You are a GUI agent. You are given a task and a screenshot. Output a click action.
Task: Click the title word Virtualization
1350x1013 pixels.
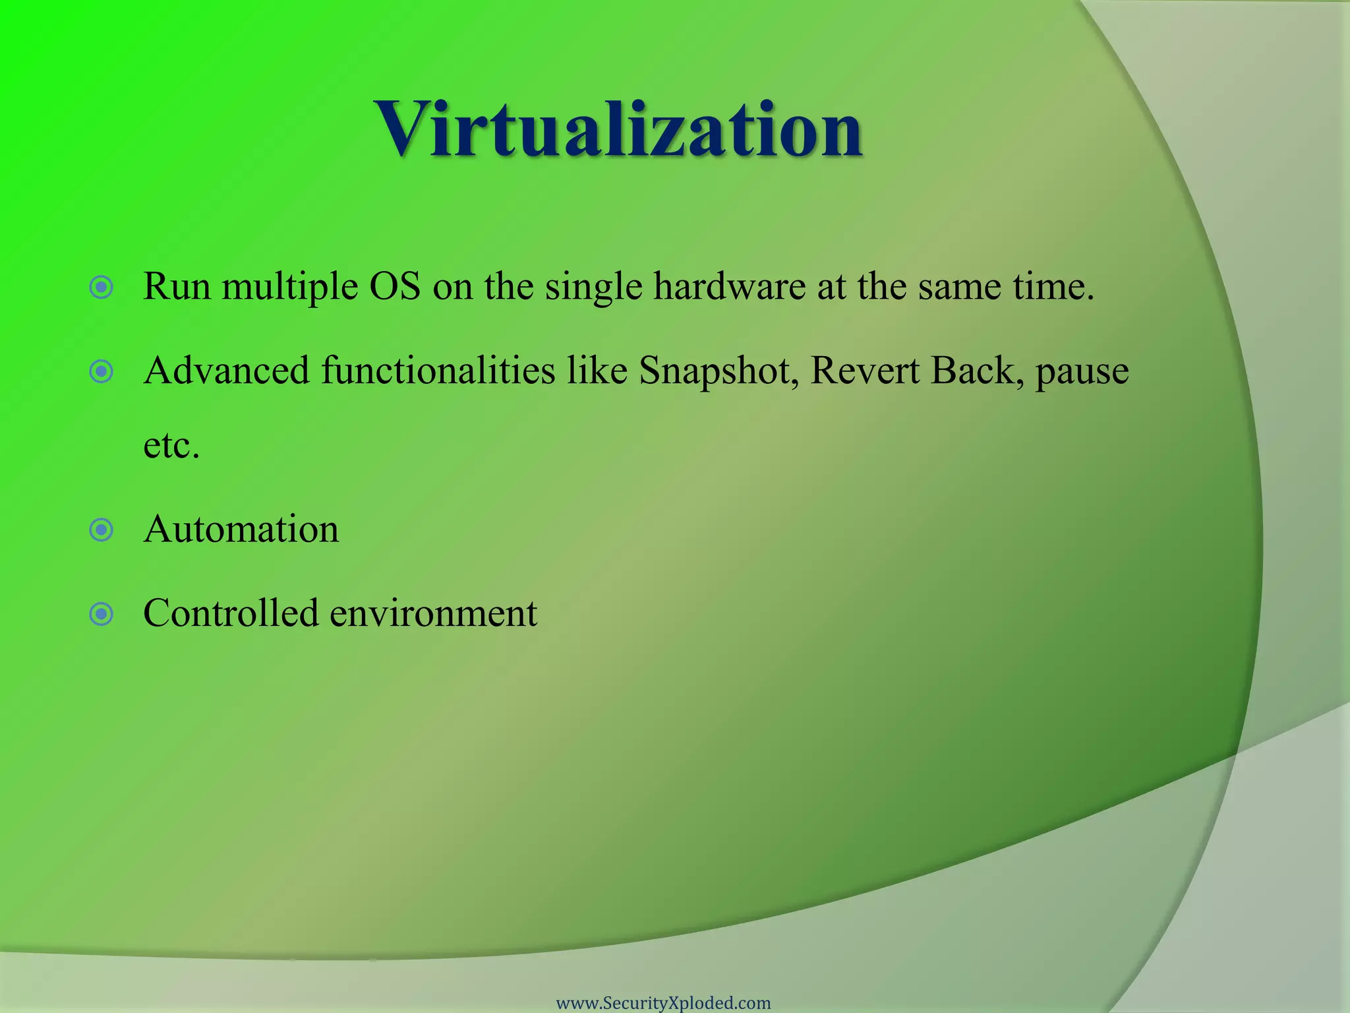click(x=618, y=129)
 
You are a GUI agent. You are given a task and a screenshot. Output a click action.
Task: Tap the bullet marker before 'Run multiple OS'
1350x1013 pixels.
click(x=101, y=288)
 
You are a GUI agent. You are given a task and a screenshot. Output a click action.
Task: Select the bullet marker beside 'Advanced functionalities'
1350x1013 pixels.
click(x=101, y=372)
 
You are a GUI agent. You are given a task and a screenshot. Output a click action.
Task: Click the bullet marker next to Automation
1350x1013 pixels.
click(x=101, y=530)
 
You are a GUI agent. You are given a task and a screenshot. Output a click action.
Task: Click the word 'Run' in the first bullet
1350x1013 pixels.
click(x=176, y=287)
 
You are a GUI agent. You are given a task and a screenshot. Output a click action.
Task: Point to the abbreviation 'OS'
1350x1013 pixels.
click(x=394, y=287)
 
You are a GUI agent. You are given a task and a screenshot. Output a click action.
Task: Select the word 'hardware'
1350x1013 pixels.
click(x=729, y=287)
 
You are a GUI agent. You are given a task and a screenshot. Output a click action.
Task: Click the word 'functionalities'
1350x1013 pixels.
click(x=438, y=371)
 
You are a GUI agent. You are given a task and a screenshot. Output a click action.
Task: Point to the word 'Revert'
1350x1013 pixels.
click(x=864, y=371)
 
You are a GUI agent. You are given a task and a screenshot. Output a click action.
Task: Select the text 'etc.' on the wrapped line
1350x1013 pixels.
click(x=171, y=446)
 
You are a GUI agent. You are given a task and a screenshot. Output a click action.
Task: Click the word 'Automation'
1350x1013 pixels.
click(x=241, y=529)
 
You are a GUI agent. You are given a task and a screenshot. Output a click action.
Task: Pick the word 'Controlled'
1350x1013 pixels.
click(x=231, y=613)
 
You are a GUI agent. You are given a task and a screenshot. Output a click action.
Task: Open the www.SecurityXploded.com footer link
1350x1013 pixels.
click(x=663, y=1003)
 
